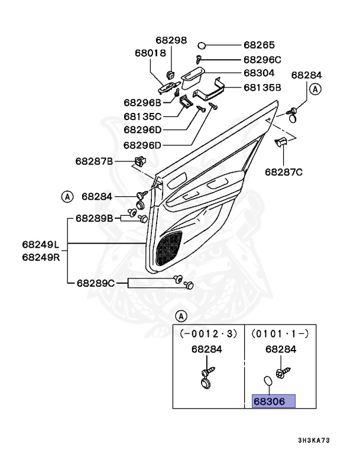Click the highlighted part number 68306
[270, 401]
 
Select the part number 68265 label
[260, 45]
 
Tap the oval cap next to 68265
[202, 45]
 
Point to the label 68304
[260, 73]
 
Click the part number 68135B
[264, 87]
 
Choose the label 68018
[151, 53]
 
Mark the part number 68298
[171, 41]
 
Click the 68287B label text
[94, 161]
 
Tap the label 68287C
[284, 172]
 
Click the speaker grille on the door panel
[168, 248]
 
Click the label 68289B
[94, 218]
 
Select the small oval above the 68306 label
[267, 380]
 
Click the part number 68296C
[262, 60]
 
